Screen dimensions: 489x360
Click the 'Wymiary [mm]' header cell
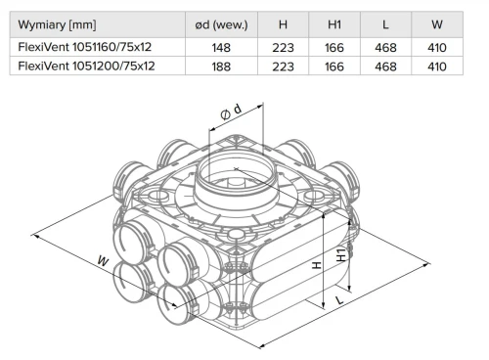57,24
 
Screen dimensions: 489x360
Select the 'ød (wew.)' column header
221,24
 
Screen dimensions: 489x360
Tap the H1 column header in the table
334,24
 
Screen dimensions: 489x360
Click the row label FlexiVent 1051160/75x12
85,47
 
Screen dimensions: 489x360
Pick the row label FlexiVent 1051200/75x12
86,66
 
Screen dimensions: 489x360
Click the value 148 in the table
221,48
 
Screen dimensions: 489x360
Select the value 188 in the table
221,67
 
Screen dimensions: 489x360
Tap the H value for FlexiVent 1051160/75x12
283,48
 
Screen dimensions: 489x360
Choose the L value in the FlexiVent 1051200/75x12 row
385,67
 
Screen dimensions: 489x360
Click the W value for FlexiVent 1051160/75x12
437,48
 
